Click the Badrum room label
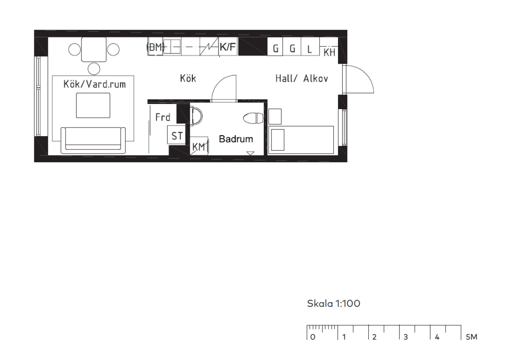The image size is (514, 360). tap(236, 139)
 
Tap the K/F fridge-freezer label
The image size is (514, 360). tap(227, 47)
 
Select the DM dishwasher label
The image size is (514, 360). tap(155, 47)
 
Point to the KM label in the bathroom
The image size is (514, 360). tap(199, 147)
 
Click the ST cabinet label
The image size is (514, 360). tap(177, 136)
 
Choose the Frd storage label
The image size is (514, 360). tap(163, 117)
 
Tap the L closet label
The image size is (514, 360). tap(310, 49)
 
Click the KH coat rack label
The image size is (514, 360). tap(329, 53)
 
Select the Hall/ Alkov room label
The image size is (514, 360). tap(302, 78)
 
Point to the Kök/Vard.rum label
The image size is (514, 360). tap(95, 84)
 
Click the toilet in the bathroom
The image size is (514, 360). tap(253, 118)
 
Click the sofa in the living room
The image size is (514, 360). tap(93, 140)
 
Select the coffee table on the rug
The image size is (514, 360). tap(93, 105)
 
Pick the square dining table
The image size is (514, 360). tap(94, 50)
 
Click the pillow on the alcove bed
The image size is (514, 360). tap(278, 140)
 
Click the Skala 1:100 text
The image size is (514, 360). tap(334, 303)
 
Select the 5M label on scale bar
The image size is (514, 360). tap(472, 337)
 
